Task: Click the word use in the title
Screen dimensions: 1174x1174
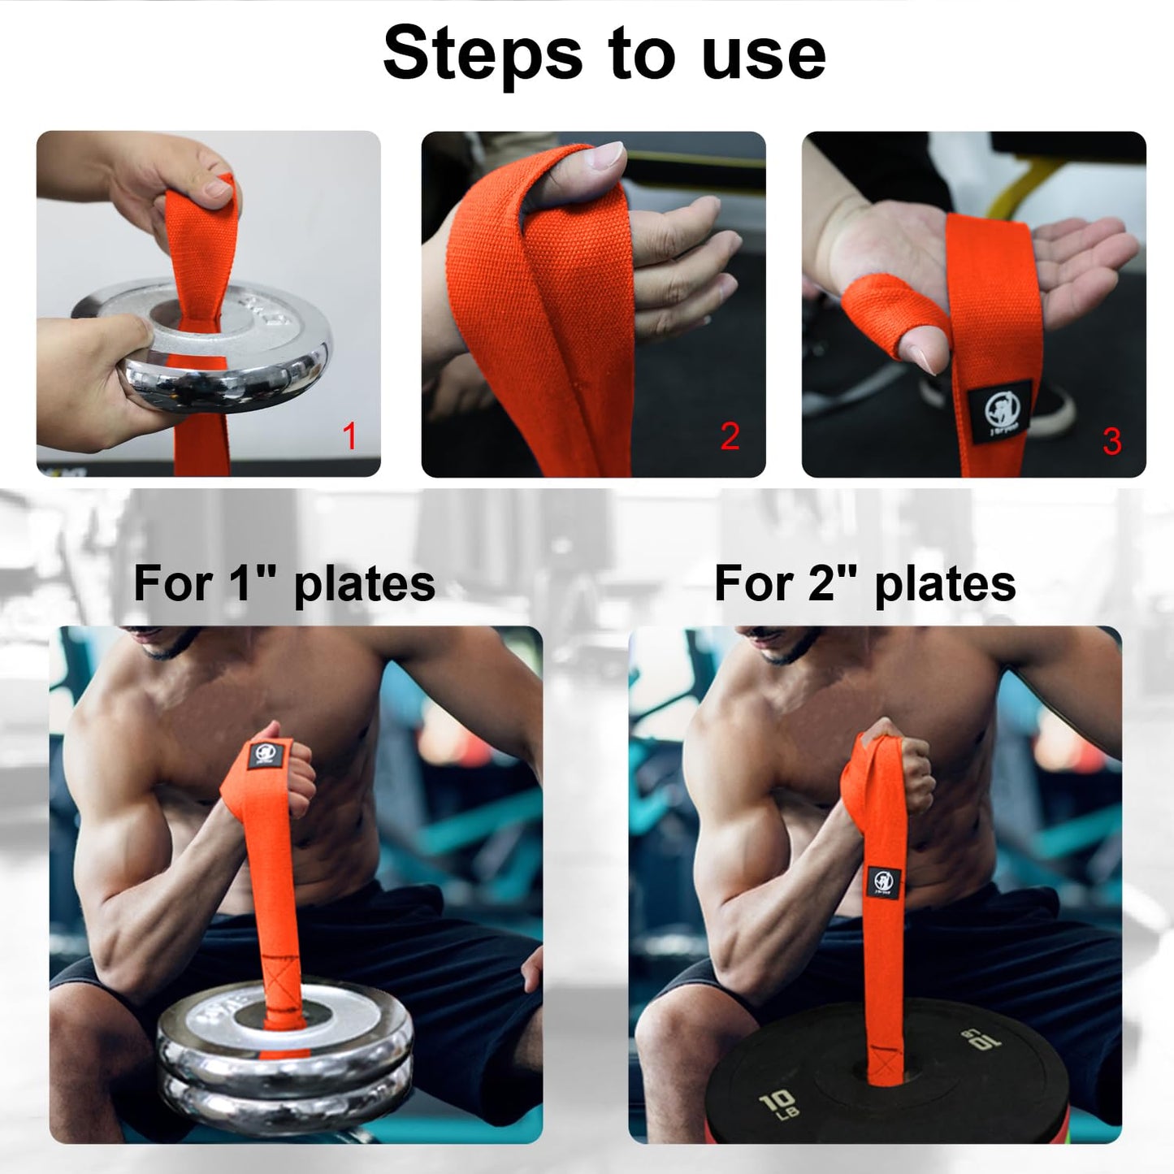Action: (764, 54)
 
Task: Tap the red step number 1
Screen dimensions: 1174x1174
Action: (349, 436)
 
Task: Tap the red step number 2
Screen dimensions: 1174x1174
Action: (730, 436)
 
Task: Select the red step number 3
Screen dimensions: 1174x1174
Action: (1111, 441)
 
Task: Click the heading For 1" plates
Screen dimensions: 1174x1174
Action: (284, 583)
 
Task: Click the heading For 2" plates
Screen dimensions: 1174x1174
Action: (864, 583)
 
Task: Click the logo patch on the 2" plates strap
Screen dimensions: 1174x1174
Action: (883, 882)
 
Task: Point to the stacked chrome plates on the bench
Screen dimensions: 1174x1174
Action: (284, 1056)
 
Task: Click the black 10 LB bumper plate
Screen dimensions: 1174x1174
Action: (894, 1081)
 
